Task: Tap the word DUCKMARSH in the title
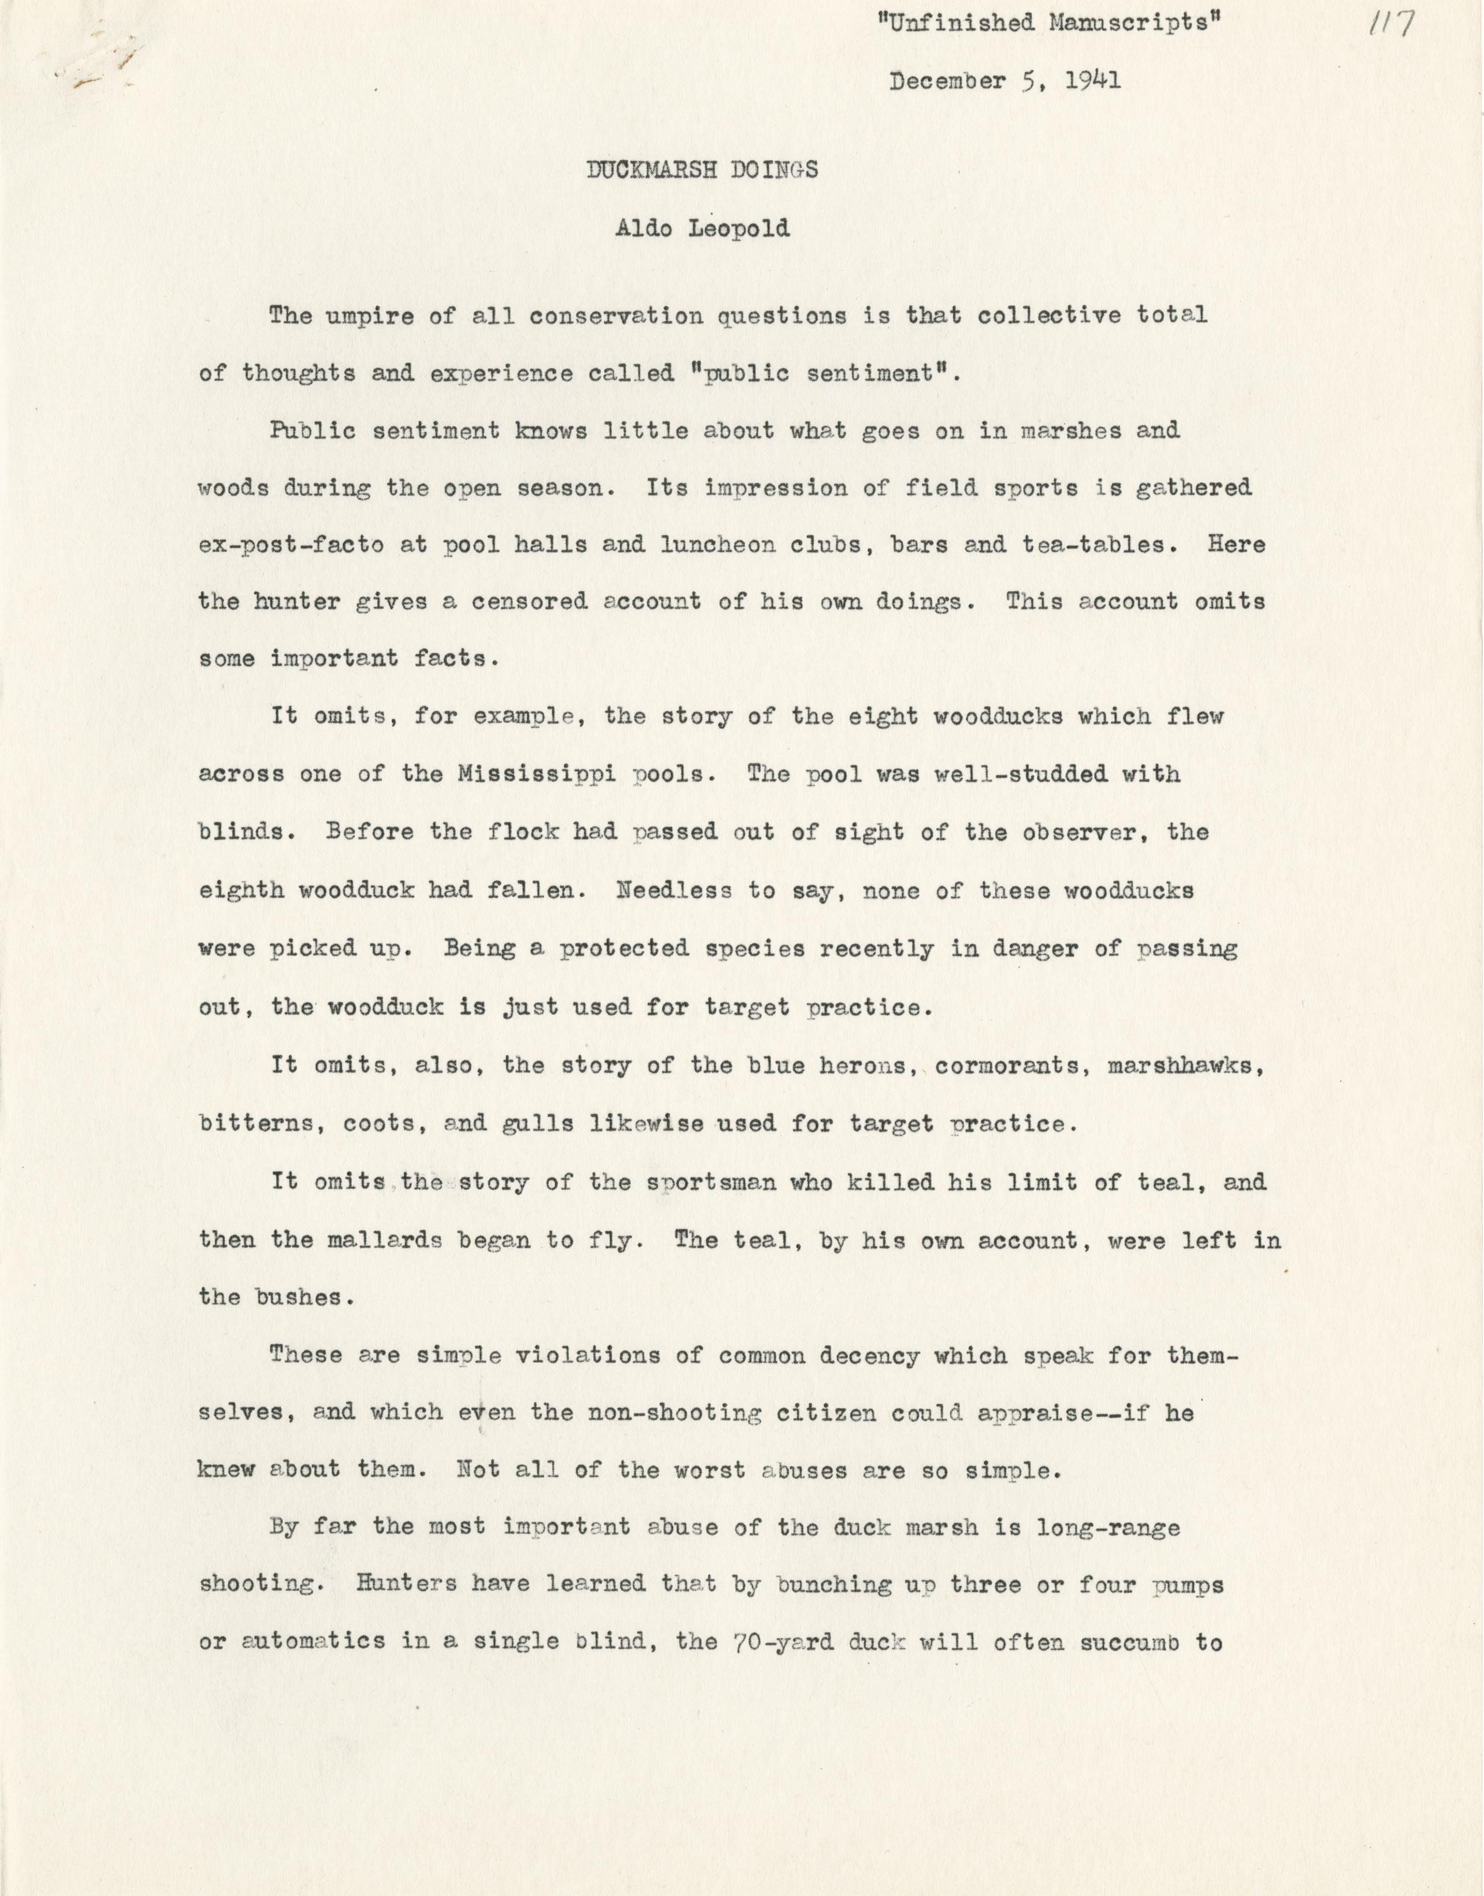tap(652, 170)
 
